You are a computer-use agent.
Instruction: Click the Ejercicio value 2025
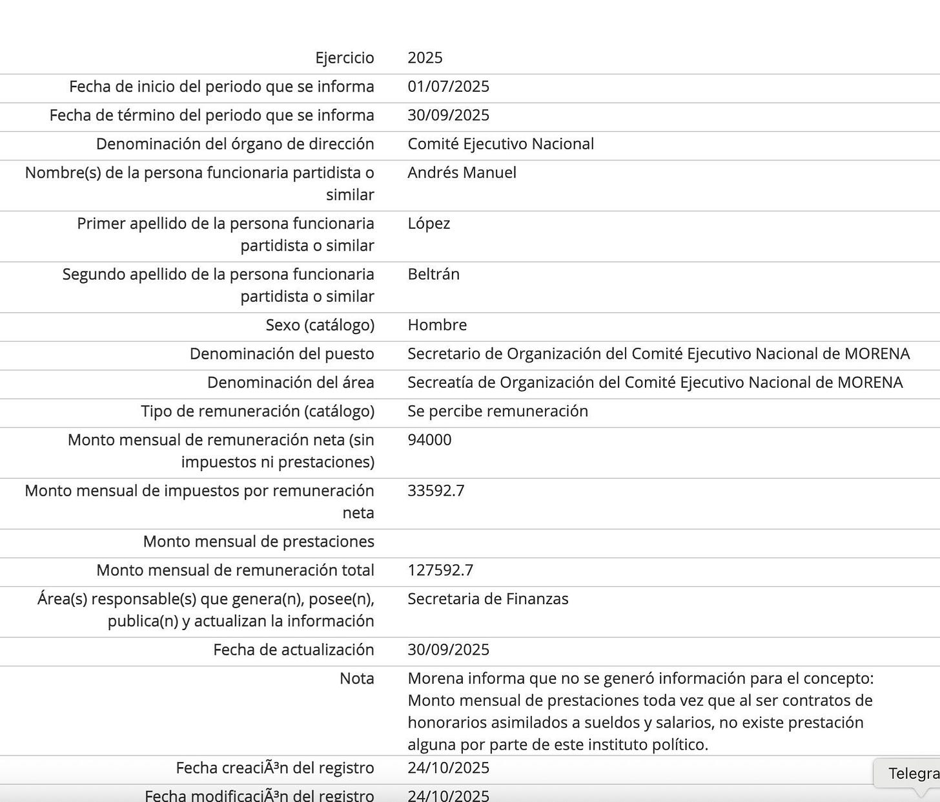click(x=425, y=58)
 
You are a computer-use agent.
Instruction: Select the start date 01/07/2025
click(x=448, y=87)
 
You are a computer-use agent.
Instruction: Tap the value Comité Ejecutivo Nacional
click(x=500, y=143)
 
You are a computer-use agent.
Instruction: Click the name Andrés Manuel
click(x=462, y=173)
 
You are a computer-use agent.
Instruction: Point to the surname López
click(x=429, y=224)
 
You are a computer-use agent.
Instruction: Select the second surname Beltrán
click(x=433, y=274)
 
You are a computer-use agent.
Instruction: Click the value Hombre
click(x=437, y=324)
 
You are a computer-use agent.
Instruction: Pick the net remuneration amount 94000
click(x=429, y=440)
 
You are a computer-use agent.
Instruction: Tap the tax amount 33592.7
click(x=436, y=491)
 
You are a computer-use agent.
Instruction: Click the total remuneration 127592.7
click(x=440, y=570)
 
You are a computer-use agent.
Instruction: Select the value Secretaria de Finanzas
click(x=487, y=599)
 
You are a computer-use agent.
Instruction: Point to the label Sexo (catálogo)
click(x=320, y=324)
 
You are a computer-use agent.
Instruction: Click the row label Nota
click(x=356, y=678)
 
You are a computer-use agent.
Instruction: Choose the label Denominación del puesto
click(x=281, y=354)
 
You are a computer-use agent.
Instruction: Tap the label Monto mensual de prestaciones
click(x=258, y=542)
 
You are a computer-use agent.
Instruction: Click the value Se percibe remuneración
click(x=498, y=411)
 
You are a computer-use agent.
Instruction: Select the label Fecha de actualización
click(x=294, y=649)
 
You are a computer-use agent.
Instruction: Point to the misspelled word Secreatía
click(x=438, y=383)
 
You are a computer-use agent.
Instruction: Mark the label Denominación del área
click(x=291, y=383)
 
